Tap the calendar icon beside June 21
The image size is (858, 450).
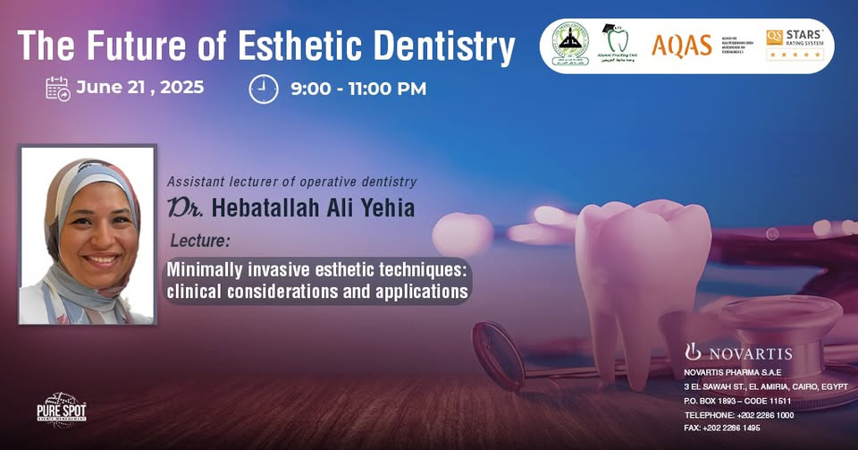tap(58, 89)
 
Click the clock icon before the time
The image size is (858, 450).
tap(264, 89)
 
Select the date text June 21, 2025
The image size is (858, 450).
tap(140, 88)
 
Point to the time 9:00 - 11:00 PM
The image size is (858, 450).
tap(357, 89)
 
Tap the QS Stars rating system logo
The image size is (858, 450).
tap(794, 44)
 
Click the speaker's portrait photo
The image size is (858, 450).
tap(88, 234)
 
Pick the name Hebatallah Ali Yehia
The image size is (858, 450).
tap(305, 209)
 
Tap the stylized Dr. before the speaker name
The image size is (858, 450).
tap(187, 209)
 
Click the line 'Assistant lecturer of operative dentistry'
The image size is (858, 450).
tap(291, 182)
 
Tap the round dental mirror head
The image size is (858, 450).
tap(497, 352)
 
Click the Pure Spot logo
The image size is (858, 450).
tap(62, 411)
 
